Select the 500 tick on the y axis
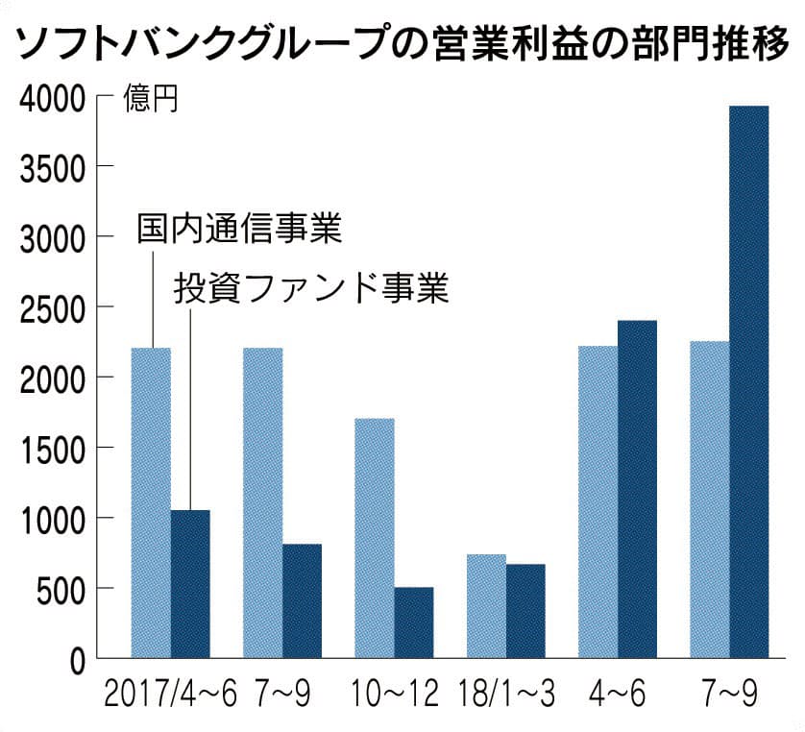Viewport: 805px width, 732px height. coord(66,589)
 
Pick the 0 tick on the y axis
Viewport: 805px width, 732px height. coord(80,659)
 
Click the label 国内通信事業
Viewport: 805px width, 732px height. coord(239,231)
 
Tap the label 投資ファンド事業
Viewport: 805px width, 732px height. coord(310,288)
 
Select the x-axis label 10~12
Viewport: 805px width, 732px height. coord(394,694)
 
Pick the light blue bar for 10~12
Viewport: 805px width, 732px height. coord(375,538)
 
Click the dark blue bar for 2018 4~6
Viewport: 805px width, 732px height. coord(637,489)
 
